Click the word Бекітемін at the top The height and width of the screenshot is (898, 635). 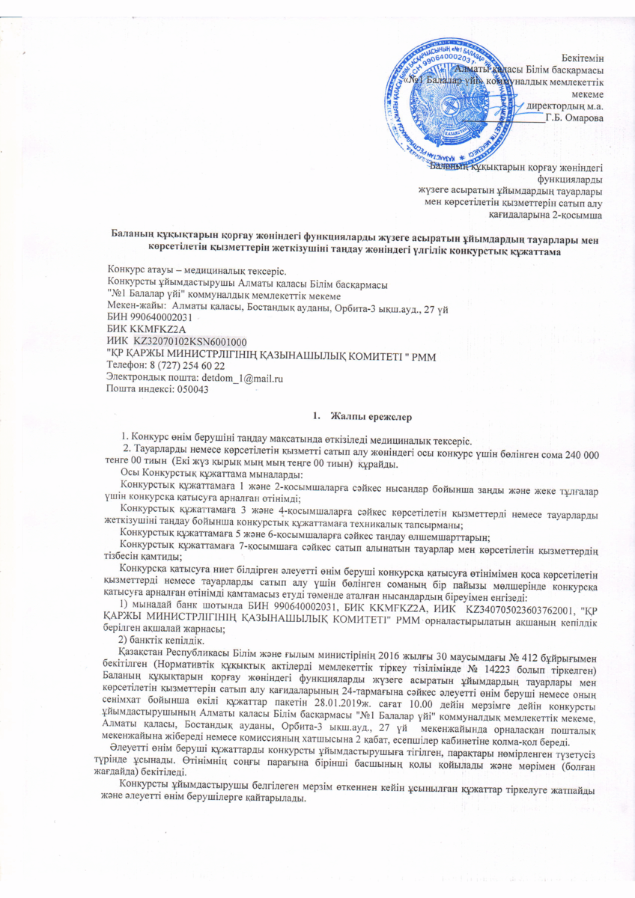point(583,58)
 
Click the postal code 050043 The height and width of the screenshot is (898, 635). point(190,391)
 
